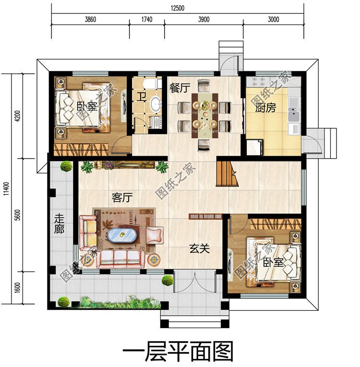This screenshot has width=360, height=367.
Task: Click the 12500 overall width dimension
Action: coord(177,8)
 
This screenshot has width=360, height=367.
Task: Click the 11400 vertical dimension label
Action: coord(5,188)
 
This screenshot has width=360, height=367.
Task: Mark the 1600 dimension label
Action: coord(18,289)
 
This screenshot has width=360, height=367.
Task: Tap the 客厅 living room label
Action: coord(122,197)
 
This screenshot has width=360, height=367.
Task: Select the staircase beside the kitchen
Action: coord(228,174)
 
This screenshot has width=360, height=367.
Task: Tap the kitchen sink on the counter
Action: coord(293,115)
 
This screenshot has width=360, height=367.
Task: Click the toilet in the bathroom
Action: coord(153,85)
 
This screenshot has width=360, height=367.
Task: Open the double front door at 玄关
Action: coord(196,281)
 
